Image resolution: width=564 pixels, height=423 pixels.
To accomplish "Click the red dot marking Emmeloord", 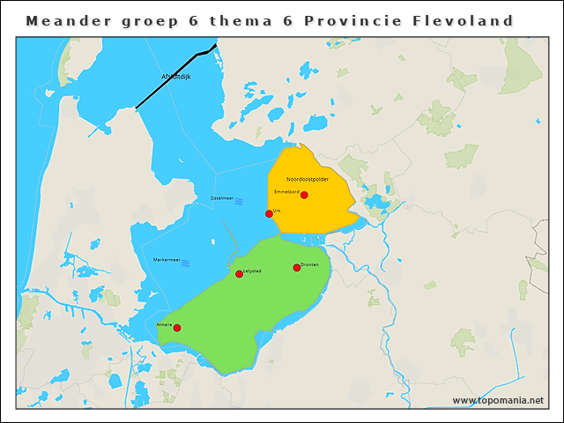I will tap(304, 195).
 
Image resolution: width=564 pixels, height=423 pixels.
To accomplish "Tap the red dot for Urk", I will tap(269, 213).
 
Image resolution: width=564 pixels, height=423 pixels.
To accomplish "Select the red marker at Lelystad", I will tap(239, 274).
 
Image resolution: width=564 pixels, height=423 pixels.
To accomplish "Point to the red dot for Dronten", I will tap(297, 268).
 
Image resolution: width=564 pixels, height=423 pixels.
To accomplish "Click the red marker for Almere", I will tap(177, 328).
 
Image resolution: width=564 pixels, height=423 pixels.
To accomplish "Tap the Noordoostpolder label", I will tap(308, 179).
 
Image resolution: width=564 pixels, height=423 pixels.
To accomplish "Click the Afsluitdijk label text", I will tap(176, 77).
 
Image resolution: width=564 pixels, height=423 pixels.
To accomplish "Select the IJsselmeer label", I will tap(221, 197).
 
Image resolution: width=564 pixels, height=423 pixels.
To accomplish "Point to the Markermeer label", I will tap(167, 259).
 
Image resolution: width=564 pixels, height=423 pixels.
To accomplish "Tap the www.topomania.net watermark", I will tap(498, 400).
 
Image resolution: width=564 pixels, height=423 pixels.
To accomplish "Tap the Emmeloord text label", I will tap(287, 191).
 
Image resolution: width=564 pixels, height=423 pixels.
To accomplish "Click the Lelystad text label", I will tap(251, 271).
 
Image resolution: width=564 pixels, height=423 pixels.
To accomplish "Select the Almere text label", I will tap(164, 324).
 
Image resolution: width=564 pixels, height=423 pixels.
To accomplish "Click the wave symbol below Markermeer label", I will tap(185, 263).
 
